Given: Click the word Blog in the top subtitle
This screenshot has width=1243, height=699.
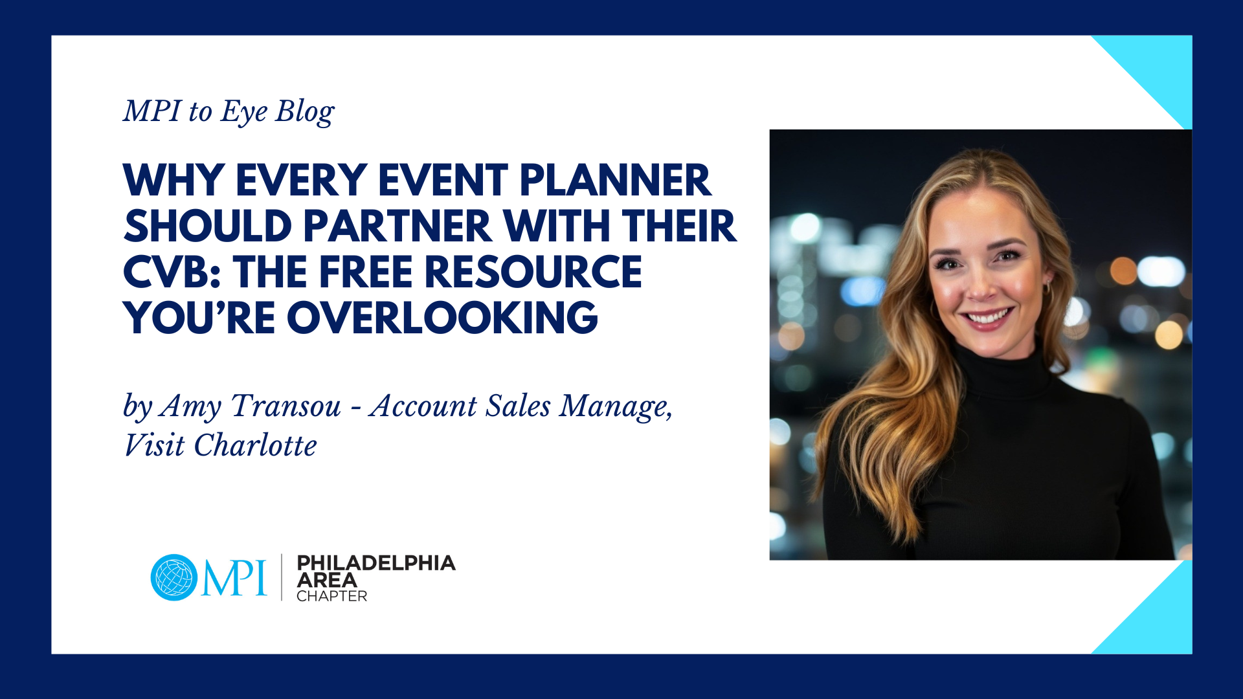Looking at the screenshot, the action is (x=305, y=113).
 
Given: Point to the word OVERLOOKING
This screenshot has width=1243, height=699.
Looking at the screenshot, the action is (x=442, y=318).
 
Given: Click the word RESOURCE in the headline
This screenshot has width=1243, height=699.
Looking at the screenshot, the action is (x=533, y=272).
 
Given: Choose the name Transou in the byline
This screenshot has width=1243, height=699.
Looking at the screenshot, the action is (x=286, y=406).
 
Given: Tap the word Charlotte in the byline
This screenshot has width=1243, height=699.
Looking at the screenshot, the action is (x=255, y=445).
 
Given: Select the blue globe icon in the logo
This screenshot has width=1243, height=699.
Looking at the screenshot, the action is (x=174, y=577).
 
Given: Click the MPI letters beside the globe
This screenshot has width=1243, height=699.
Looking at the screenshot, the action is (x=234, y=577).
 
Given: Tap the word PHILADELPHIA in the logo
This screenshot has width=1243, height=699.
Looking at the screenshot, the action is (x=376, y=563).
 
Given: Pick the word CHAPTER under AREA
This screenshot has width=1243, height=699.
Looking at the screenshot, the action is (x=331, y=596).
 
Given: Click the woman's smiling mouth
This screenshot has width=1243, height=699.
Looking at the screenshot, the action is (x=988, y=317).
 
